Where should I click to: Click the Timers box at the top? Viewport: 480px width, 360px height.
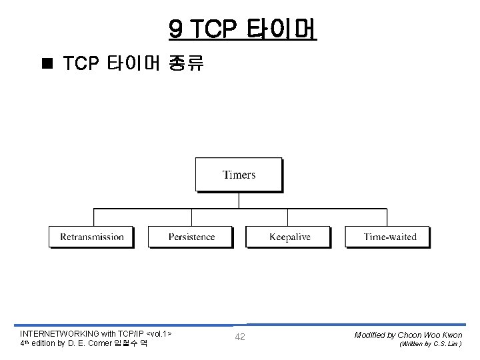(239, 175)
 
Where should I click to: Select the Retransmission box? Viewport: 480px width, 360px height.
(91, 237)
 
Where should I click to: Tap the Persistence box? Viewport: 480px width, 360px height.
(191, 237)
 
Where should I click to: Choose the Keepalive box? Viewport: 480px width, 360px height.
(289, 237)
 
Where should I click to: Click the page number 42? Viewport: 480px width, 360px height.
(240, 337)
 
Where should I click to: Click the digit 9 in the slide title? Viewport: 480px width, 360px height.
(176, 29)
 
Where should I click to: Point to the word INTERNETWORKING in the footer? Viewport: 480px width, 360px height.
(59, 333)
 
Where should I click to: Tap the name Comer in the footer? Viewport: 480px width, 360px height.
(99, 343)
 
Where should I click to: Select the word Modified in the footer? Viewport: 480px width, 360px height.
(371, 335)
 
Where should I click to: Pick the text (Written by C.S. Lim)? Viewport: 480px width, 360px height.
(430, 345)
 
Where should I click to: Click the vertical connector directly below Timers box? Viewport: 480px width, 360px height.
(239, 200)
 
